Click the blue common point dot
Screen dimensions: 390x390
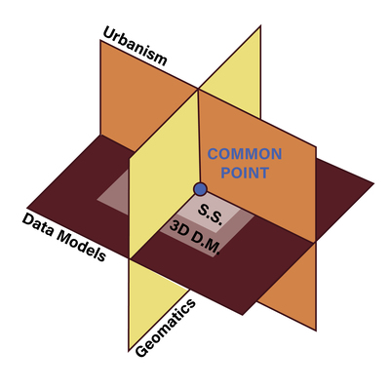(x=200, y=189)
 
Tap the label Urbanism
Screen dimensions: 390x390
(x=136, y=46)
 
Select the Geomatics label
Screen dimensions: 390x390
(x=166, y=329)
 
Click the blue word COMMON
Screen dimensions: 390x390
(x=245, y=154)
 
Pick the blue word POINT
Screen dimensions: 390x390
(x=245, y=173)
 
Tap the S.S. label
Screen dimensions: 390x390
(x=211, y=214)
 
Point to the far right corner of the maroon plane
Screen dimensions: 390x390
(x=373, y=183)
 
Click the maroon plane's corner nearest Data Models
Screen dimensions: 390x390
(x=27, y=208)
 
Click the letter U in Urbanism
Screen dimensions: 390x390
(x=110, y=33)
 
